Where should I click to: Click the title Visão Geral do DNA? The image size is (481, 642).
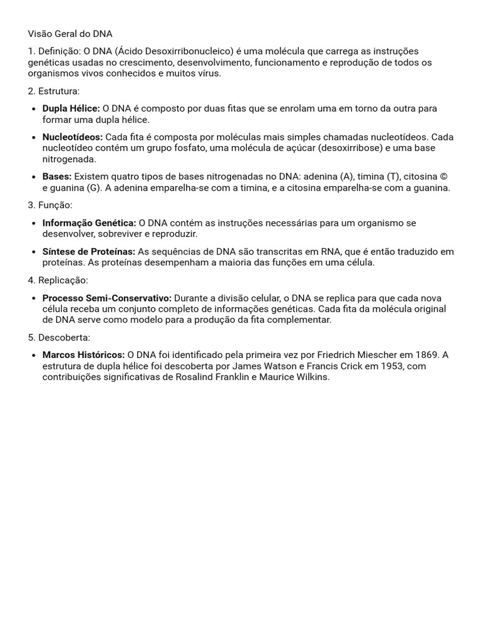pos(70,34)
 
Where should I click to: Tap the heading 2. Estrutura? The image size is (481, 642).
pos(54,91)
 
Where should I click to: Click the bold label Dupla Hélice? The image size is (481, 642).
pos(71,108)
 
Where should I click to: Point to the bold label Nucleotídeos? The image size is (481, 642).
pos(73,137)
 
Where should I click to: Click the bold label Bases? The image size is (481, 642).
pos(57,177)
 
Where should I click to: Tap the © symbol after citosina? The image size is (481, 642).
pos(443,177)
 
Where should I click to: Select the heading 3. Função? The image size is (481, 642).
pos(50,205)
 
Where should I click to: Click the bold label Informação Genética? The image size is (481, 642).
pos(89,223)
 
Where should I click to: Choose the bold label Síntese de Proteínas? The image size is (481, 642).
pos(88,252)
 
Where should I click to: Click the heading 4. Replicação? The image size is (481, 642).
pos(58,280)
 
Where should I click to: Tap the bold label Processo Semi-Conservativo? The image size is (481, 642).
pos(106,298)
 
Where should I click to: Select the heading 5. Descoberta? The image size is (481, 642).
pos(59,337)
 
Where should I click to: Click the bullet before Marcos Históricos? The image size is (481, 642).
pos(33,355)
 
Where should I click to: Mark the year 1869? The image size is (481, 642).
pos(425,355)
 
